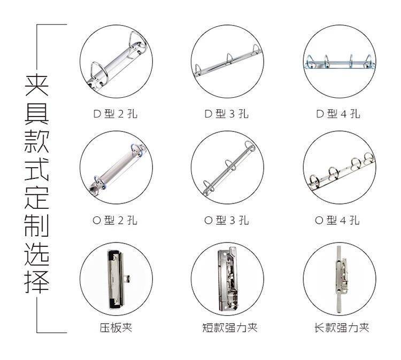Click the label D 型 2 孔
point(115,114)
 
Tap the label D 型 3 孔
point(227,114)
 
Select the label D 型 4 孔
point(338,114)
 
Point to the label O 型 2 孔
point(115,220)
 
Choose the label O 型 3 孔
point(227,220)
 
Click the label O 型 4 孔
point(337,220)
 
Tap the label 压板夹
point(116,327)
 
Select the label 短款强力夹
point(230,327)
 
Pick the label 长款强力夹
point(342,327)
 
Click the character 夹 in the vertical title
point(36,85)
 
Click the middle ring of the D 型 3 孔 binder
point(229,59)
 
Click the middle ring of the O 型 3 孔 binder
point(231,165)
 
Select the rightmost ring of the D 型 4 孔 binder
point(368,61)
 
